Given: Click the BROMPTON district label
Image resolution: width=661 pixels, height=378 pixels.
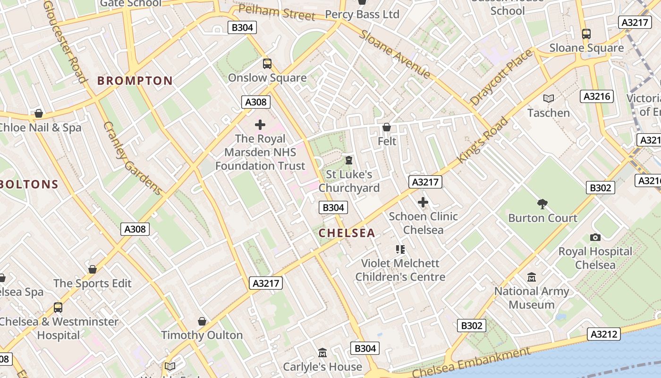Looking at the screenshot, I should click(x=135, y=81).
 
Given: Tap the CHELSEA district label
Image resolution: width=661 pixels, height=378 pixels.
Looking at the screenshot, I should click(x=347, y=233).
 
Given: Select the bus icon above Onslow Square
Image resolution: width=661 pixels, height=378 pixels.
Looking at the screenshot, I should click(x=267, y=63).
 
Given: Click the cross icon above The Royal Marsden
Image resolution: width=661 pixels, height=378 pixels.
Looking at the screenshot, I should click(x=260, y=125).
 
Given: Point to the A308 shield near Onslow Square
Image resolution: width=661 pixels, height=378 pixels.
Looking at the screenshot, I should click(x=256, y=102).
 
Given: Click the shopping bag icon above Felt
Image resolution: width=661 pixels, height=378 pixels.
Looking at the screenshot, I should click(x=387, y=127).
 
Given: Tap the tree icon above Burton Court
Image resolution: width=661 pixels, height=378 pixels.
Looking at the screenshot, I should click(x=542, y=204).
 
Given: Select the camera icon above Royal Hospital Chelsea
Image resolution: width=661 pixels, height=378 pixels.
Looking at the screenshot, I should click(x=595, y=237).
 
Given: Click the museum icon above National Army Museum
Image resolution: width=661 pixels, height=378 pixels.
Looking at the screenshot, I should click(x=532, y=277).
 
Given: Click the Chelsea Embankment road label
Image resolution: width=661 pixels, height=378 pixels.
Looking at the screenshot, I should click(x=471, y=363).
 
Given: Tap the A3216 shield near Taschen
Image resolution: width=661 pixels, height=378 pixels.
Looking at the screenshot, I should click(x=597, y=96).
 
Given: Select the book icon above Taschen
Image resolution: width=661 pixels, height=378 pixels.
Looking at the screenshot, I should click(x=548, y=99).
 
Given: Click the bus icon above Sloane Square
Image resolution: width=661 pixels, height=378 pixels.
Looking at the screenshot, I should click(x=586, y=34).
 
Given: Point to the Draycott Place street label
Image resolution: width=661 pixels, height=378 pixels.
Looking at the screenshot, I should click(x=501, y=77).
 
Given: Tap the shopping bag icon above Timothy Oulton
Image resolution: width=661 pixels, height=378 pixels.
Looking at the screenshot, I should click(x=202, y=321).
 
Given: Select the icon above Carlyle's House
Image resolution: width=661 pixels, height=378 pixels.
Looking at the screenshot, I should click(x=322, y=352).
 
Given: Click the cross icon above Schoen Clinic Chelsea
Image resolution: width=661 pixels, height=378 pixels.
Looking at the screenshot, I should click(x=423, y=203).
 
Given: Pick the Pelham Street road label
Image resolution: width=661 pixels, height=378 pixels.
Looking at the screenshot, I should click(x=277, y=12).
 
